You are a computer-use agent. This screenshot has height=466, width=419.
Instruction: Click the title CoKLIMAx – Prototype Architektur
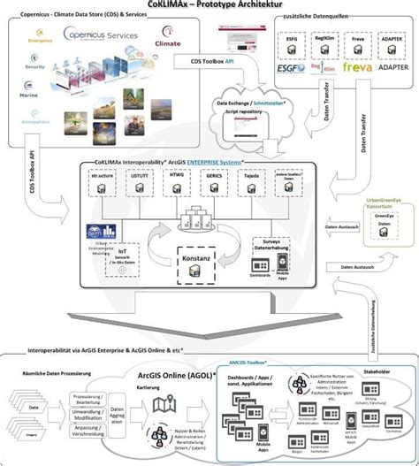coord(209,6)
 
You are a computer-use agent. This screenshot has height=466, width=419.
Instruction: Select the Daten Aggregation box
coord(118,413)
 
